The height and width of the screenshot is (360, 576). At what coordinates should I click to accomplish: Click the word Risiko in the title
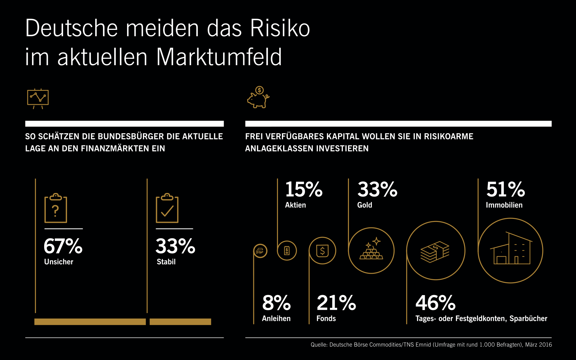280,28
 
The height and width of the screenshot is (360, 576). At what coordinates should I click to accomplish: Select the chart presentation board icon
38,98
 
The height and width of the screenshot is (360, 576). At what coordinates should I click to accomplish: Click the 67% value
63,246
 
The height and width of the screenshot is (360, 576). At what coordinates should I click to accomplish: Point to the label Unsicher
59,262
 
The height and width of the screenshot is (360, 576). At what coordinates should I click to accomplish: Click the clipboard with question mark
56,209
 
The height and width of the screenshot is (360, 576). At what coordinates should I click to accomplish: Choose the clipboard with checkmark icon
167,209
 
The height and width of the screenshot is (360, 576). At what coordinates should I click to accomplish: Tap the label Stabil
166,262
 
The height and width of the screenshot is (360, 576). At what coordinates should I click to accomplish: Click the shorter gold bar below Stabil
180,322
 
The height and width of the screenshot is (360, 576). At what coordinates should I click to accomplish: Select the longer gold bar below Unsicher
90,322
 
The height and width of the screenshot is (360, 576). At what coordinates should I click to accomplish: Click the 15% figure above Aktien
304,189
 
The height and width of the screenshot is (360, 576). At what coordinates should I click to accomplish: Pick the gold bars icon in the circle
371,251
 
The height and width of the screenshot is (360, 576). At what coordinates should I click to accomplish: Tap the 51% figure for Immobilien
505,189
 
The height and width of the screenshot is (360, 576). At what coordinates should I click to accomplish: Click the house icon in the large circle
510,251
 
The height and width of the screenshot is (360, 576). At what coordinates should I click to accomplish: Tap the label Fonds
326,319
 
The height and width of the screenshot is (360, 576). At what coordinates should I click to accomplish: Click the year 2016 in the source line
545,345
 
